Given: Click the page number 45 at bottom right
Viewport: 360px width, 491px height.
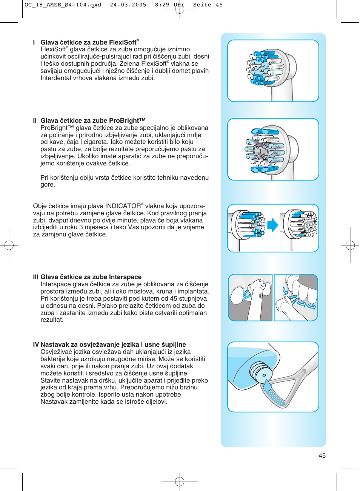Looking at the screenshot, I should pyautogui.click(x=322, y=455).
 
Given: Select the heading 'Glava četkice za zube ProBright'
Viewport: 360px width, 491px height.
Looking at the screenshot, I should pyautogui.click(x=93, y=120).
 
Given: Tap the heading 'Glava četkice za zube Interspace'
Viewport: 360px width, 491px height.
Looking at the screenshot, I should pyautogui.click(x=91, y=277).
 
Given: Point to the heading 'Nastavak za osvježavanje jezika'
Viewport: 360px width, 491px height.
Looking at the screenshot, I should pyautogui.click(x=113, y=344).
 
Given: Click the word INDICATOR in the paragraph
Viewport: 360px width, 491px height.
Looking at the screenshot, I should pyautogui.click(x=123, y=206).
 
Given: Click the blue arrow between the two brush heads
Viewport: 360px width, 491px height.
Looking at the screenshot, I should pyautogui.click(x=272, y=225).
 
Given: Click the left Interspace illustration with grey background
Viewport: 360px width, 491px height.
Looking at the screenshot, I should pyautogui.click(x=250, y=298).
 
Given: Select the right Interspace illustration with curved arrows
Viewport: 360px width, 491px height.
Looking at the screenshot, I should pyautogui.click(x=296, y=298).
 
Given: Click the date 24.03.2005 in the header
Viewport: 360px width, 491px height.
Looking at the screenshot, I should pyautogui.click(x=128, y=5).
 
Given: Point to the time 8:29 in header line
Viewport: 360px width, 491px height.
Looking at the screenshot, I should pyautogui.click(x=162, y=5).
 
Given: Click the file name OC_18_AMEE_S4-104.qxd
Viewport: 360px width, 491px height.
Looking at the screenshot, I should pyautogui.click(x=63, y=5).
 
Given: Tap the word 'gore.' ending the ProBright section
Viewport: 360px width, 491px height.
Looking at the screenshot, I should pyautogui.click(x=48, y=185).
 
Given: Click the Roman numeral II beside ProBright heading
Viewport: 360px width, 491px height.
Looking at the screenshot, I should pyautogui.click(x=35, y=120).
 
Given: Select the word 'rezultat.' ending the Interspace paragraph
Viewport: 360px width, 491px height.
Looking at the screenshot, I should pyautogui.click(x=52, y=320).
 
